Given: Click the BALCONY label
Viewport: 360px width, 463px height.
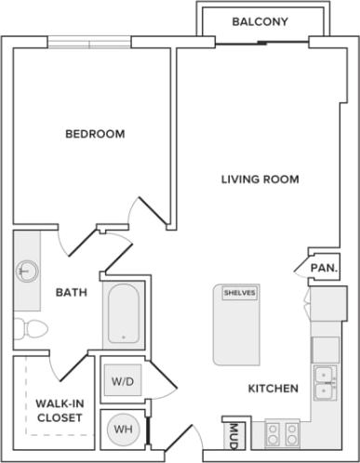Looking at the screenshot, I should point(260,21).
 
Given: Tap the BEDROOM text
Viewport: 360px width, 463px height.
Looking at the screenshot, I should point(95,134).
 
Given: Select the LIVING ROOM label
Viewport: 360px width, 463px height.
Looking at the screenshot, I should point(260,179).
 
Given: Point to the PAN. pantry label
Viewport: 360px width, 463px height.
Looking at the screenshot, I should point(323,269).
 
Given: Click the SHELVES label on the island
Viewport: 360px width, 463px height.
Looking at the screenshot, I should point(239,292).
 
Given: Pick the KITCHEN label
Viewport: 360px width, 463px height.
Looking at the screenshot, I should point(273,389).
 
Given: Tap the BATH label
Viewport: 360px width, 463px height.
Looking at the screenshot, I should point(72,293).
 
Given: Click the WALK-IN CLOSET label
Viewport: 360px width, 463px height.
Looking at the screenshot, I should point(59,411).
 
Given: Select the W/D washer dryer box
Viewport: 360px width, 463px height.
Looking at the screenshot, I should point(123,382).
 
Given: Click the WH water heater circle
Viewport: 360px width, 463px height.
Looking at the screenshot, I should point(123,430).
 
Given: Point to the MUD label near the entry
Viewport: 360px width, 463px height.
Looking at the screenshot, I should point(231,434).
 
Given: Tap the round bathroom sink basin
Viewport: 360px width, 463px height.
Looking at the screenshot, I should point(27,271).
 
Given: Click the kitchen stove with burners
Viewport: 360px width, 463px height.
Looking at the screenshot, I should point(283,432).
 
